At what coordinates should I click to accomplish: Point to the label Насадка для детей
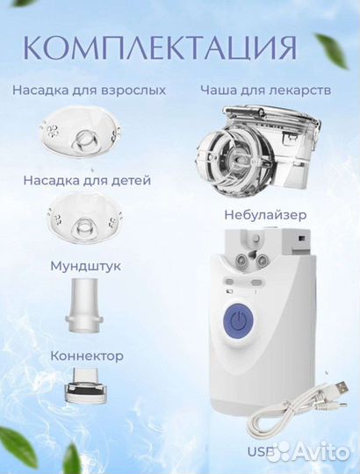click(x=86, y=180)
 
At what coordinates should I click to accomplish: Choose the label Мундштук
click(x=86, y=264)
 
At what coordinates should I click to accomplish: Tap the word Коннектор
click(x=87, y=356)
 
